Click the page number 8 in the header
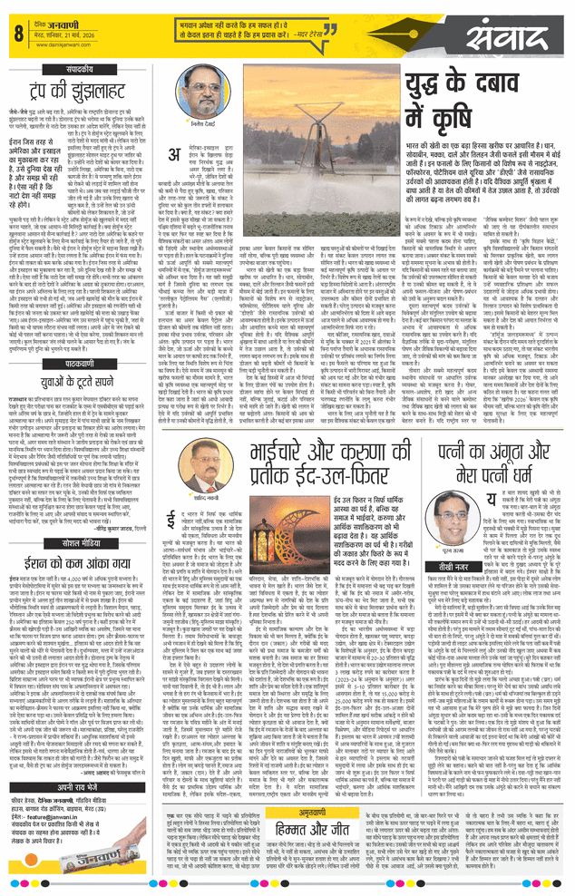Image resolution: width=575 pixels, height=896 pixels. pyautogui.click(x=17, y=35)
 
